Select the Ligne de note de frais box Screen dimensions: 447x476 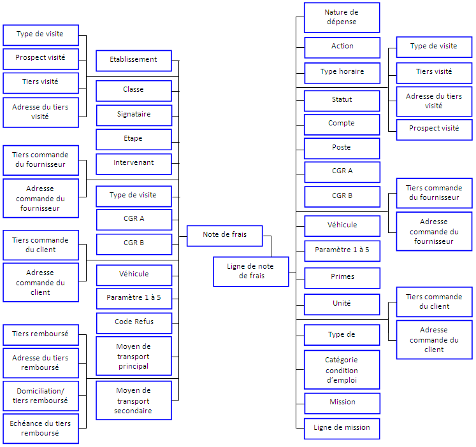click(x=250, y=271)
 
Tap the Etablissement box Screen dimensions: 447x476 click(x=133, y=60)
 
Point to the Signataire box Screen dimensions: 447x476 click(x=133, y=115)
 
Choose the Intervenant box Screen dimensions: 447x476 click(x=133, y=163)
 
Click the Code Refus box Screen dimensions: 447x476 click(x=133, y=322)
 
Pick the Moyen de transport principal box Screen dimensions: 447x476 click(x=133, y=356)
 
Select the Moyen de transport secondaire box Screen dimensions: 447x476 click(x=133, y=401)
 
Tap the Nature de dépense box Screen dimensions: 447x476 click(x=342, y=17)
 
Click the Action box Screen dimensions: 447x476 click(x=342, y=46)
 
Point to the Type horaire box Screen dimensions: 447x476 click(x=342, y=72)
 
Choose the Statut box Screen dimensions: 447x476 click(x=342, y=100)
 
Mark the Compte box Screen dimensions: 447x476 click(x=342, y=124)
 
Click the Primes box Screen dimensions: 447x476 click(x=342, y=277)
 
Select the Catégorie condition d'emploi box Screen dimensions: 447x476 click(x=342, y=370)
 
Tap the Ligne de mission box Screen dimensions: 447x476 click(x=342, y=428)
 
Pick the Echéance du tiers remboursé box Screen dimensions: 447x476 click(x=41, y=429)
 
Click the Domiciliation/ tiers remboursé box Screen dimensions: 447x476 click(x=41, y=395)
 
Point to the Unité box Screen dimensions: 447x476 click(x=342, y=304)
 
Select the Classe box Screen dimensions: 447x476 click(x=133, y=90)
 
